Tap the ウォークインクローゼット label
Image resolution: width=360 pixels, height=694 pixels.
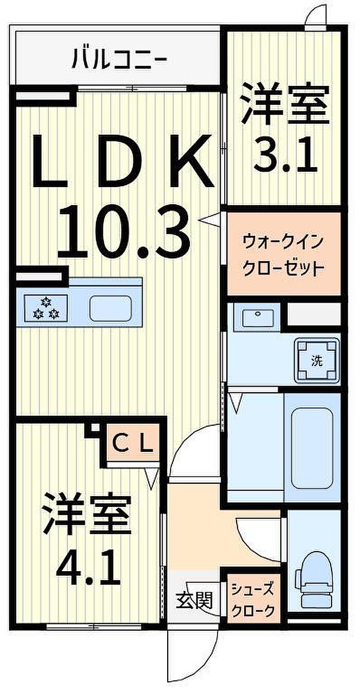click(x=283, y=253)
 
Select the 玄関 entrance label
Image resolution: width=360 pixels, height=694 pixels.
click(x=195, y=600)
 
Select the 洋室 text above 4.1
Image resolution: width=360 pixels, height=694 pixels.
click(x=86, y=515)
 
